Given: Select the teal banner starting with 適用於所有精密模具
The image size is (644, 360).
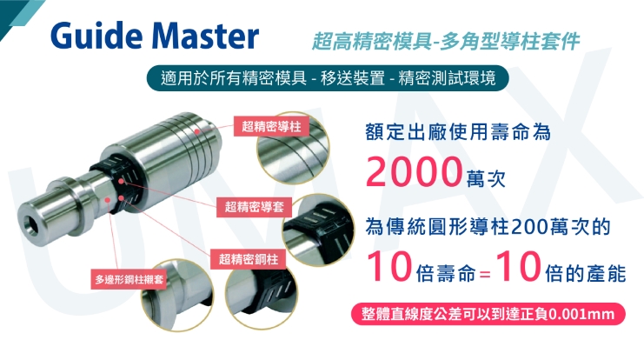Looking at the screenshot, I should pyautogui.click(x=322, y=77).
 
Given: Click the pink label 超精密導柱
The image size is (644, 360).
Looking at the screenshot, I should pyautogui.click(x=270, y=127).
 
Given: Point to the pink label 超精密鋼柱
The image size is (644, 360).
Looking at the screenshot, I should pyautogui.click(x=248, y=260).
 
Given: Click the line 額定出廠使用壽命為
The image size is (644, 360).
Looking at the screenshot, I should pyautogui.click(x=458, y=132).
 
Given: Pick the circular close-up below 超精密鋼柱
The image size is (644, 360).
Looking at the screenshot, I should pyautogui.click(x=262, y=291).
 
